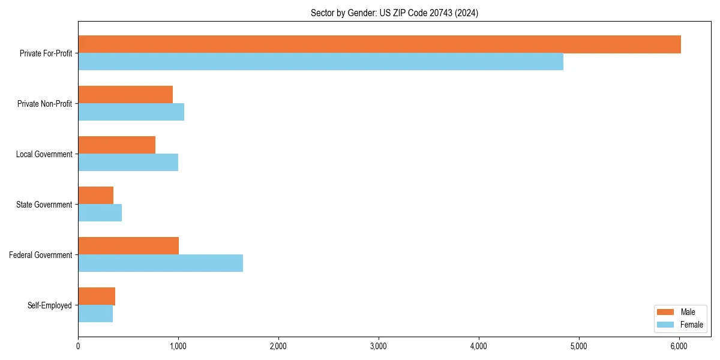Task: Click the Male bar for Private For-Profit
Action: [379, 44]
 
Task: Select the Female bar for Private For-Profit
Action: [320, 62]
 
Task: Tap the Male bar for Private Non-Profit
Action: [125, 95]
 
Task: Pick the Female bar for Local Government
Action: [128, 163]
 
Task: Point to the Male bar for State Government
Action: [95, 196]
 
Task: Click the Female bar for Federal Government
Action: [160, 263]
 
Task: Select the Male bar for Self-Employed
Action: [97, 296]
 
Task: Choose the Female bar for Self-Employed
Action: [95, 314]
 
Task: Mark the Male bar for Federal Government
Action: [128, 246]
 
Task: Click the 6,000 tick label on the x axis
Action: [679, 346]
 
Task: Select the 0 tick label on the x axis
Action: [78, 346]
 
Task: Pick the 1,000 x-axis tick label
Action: [178, 346]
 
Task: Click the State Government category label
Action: [44, 205]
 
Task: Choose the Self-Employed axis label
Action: [50, 305]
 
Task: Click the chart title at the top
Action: [394, 13]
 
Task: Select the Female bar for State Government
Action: [100, 213]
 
